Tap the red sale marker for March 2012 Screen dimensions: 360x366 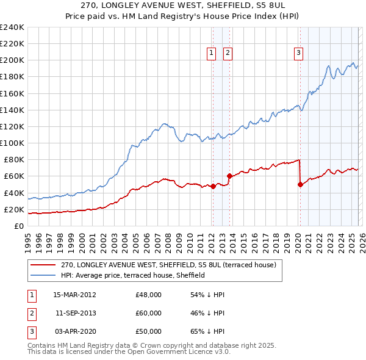click(213, 187)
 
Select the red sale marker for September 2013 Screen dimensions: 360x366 click(229, 176)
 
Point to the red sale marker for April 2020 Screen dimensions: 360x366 click(300, 185)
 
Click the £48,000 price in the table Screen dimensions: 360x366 click(148, 295)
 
